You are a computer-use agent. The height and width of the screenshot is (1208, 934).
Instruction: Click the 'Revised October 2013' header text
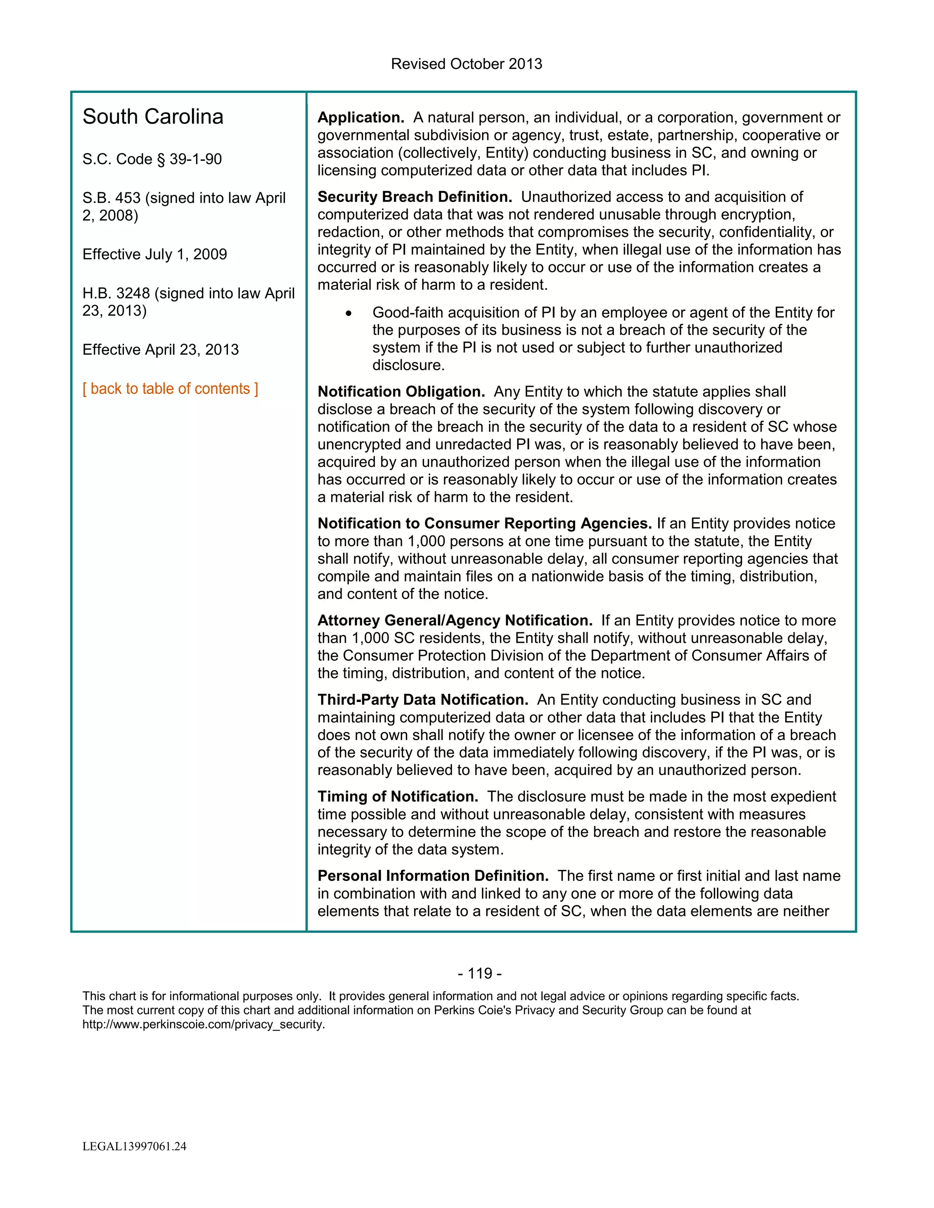[x=467, y=64]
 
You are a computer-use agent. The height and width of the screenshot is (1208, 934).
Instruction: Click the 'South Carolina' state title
[x=153, y=117]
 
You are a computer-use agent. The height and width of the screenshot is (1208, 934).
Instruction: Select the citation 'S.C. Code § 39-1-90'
[x=152, y=159]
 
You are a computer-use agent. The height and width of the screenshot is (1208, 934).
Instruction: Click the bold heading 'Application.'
[x=361, y=118]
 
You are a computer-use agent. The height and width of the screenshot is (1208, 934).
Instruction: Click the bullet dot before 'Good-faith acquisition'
[x=348, y=314]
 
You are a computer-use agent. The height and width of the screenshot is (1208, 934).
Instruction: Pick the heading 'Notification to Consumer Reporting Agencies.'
[x=484, y=523]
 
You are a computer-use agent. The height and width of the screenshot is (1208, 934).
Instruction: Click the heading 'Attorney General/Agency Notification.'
[x=455, y=620]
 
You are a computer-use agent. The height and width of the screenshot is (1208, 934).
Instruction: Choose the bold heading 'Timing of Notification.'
[x=398, y=796]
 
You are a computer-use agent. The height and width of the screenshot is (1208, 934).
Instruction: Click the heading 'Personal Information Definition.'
[x=433, y=876]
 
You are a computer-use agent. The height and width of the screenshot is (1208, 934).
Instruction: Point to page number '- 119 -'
[x=480, y=974]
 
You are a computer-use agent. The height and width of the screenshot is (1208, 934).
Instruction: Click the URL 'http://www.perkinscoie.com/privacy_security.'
[x=203, y=1024]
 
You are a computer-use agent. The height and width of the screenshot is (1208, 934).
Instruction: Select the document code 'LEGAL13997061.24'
[x=135, y=1146]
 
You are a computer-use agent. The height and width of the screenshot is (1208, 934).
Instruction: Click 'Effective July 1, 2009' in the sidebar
[x=155, y=254]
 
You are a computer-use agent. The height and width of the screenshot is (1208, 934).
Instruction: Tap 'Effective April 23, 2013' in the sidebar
[x=161, y=350]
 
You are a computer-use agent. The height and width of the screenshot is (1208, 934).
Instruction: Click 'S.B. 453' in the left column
[x=111, y=198]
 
